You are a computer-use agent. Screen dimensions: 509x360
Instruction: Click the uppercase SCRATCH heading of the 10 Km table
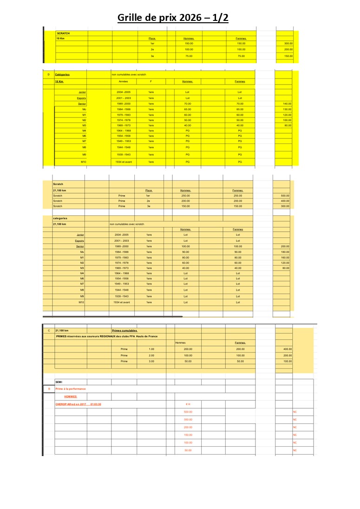pyautogui.click(x=63, y=33)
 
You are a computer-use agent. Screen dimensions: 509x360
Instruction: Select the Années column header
pyautogui.click(x=124, y=81)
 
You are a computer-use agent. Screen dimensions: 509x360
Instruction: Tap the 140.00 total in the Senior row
pyautogui.click(x=287, y=104)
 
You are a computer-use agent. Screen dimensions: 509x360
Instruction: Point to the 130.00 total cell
pyautogui.click(x=287, y=109)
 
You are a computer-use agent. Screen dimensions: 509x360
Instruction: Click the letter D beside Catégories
pyautogui.click(x=48, y=74)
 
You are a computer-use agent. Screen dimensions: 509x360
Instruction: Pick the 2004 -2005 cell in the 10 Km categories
pyautogui.click(x=124, y=92)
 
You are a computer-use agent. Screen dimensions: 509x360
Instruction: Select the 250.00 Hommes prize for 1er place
pyautogui.click(x=185, y=196)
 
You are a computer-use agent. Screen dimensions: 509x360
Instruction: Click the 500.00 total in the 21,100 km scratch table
pyautogui.click(x=285, y=196)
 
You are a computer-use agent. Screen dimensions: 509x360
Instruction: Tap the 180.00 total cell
pyautogui.click(x=285, y=252)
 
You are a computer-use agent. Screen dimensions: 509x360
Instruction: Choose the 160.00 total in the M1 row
pyautogui.click(x=285, y=257)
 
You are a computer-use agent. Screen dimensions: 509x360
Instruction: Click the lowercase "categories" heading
pyautogui.click(x=60, y=218)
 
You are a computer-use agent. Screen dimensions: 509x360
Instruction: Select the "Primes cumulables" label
pyautogui.click(x=124, y=331)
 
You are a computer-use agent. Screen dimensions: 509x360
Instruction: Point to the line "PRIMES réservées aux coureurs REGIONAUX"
pyautogui.click(x=106, y=336)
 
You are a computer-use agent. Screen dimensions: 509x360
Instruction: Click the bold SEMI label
pyautogui.click(x=59, y=382)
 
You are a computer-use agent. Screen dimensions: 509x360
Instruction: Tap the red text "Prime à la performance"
pyautogui.click(x=70, y=389)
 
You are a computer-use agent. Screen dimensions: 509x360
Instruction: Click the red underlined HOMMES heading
pyautogui.click(x=71, y=397)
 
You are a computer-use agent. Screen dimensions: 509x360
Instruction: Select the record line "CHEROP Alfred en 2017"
pyautogui.click(x=78, y=404)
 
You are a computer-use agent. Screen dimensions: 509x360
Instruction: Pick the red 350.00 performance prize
pyautogui.click(x=188, y=419)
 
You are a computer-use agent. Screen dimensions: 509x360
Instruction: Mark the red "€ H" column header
pyautogui.click(x=188, y=404)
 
